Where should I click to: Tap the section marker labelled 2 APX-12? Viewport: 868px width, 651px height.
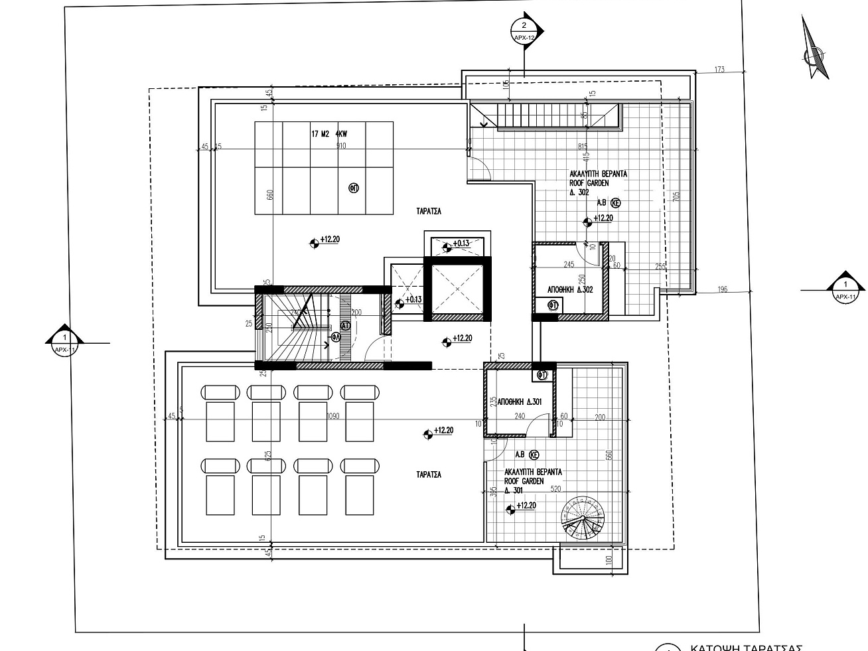525,31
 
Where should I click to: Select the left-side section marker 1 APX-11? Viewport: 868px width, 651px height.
64,342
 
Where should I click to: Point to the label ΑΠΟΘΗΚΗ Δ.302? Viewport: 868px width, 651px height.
570,290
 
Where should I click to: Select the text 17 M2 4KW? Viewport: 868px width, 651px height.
329,134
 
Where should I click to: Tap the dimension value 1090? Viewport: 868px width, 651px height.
334,416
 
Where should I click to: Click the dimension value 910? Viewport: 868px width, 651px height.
341,145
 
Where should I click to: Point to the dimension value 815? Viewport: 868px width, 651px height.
583,146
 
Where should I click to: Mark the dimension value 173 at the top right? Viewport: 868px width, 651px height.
719,70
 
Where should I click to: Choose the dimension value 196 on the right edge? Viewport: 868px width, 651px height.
723,289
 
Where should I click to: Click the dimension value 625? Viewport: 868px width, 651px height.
268,457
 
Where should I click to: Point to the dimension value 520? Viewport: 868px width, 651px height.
555,489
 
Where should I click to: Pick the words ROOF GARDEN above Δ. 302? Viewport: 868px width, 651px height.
589,183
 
